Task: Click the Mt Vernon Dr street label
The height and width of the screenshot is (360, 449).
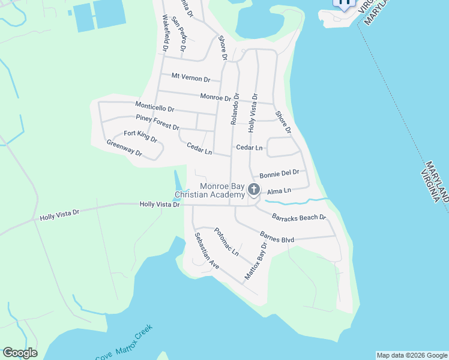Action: [x=191, y=78]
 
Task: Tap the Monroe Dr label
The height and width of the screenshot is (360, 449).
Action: [x=215, y=97]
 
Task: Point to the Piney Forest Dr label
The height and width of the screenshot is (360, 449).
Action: [x=157, y=122]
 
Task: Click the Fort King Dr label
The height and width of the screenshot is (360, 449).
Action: [x=140, y=136]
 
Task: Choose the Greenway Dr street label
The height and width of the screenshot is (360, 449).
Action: [x=124, y=148]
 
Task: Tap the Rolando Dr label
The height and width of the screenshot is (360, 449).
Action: [x=235, y=109]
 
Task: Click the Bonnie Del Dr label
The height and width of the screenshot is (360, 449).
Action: [x=279, y=173]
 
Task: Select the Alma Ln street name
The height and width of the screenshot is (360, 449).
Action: [x=279, y=191]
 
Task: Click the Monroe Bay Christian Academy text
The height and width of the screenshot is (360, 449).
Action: [x=209, y=190]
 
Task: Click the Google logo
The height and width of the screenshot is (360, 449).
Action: [x=20, y=353]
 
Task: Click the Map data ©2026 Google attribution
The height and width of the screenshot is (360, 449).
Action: [x=412, y=355]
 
